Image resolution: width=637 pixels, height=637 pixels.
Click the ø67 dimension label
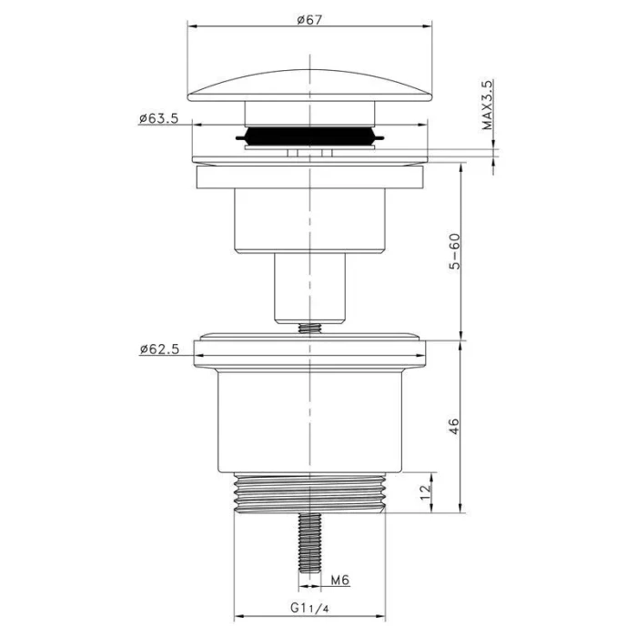coord(309,19)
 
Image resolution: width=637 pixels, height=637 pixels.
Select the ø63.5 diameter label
coord(159,118)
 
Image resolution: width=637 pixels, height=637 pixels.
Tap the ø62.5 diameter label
coord(159,349)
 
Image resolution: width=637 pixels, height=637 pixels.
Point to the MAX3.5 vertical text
coord(487,105)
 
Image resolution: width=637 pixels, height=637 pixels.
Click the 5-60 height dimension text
coord(455,251)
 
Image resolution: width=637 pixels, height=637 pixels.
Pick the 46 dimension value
coord(454,426)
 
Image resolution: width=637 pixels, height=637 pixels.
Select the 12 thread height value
coord(425,493)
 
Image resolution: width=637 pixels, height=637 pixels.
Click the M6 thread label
coord(340,581)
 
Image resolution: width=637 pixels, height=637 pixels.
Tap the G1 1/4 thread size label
coord(309,608)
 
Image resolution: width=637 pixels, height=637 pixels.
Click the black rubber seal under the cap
coord(309,136)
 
